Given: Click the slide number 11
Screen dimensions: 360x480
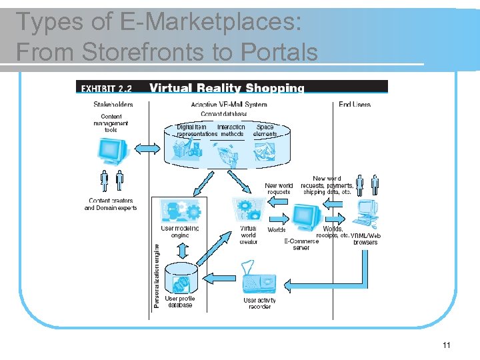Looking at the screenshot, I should [x=447, y=345].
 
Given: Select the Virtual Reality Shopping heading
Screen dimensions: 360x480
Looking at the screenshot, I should [x=227, y=87].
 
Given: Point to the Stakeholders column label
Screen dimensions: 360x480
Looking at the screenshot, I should [x=113, y=104].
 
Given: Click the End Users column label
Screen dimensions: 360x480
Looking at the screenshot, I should [x=355, y=104].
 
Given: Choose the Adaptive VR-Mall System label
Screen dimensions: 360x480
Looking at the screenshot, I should [x=229, y=104].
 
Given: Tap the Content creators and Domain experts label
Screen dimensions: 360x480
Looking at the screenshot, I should [x=111, y=204].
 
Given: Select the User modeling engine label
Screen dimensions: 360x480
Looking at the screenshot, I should [x=180, y=231].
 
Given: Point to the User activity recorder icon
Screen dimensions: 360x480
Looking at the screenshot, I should [x=259, y=281].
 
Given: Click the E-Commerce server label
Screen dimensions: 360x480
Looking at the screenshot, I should [x=301, y=244].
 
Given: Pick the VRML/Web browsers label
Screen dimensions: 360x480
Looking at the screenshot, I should [x=365, y=238].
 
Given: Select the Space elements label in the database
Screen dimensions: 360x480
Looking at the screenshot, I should [x=265, y=130].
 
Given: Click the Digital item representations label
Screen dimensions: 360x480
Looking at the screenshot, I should [x=197, y=130].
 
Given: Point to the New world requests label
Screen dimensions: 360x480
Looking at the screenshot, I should [x=279, y=189].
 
